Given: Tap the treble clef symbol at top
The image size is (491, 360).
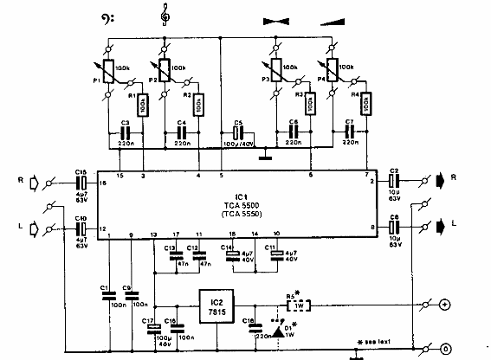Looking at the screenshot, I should [x=162, y=14].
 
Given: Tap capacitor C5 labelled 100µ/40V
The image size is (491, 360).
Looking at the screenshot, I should [x=234, y=134].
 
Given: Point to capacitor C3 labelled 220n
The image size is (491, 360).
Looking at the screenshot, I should [x=125, y=134].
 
